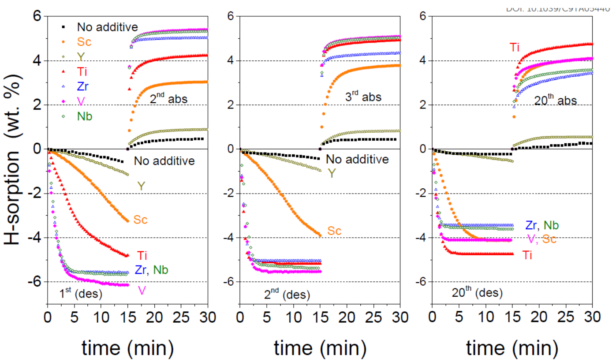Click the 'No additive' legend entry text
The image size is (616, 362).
(104, 27)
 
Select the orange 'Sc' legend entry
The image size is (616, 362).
(84, 42)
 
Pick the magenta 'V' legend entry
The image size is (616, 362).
(80, 101)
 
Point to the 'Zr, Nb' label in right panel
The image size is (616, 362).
(542, 225)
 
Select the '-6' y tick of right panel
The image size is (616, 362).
(422, 282)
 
